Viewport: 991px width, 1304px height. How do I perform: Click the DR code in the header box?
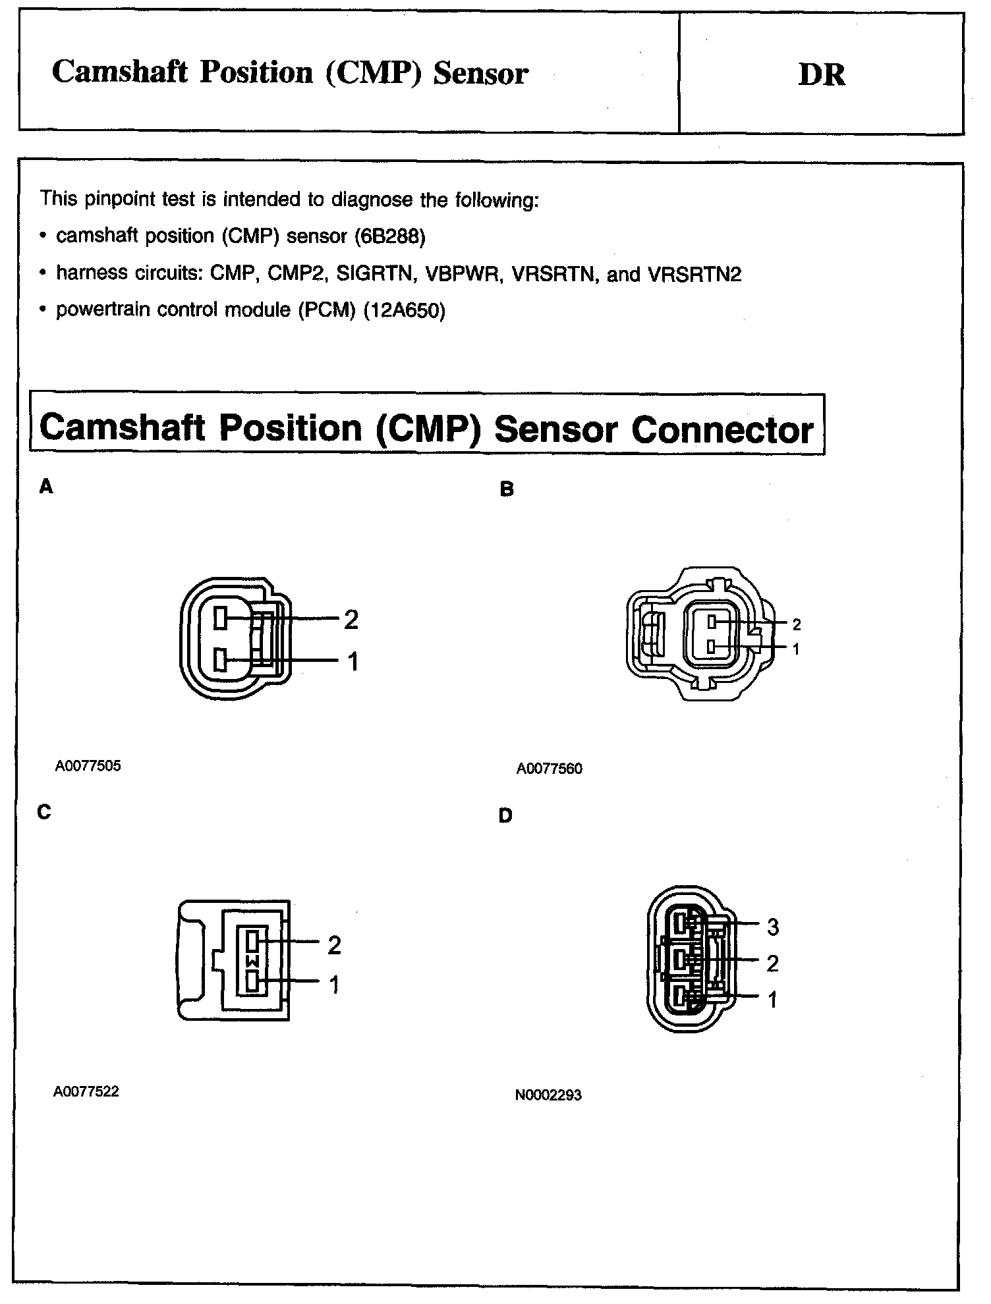point(821,74)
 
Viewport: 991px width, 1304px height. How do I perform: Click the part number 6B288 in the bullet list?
point(389,236)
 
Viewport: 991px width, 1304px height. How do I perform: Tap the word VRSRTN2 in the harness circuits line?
point(694,274)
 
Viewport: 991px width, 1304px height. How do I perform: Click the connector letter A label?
point(45,487)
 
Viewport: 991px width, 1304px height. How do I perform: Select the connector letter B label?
point(507,489)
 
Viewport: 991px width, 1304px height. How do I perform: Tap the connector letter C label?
point(44,812)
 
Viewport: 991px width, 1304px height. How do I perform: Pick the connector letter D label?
point(505,816)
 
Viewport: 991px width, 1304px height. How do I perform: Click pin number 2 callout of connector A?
point(351,619)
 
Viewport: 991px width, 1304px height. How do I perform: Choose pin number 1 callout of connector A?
point(353,661)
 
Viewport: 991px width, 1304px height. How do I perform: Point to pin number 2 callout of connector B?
point(796,624)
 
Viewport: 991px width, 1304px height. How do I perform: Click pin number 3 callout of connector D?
point(773,927)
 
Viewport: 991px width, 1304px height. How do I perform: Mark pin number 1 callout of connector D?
point(772,1000)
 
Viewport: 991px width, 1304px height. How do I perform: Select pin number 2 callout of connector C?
point(334,945)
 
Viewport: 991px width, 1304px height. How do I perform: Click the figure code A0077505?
point(88,766)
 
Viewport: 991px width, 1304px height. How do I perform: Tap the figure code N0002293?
point(548,1095)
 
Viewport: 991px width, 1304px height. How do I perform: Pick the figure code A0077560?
point(550,769)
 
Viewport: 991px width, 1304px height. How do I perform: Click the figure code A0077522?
point(86,1091)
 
